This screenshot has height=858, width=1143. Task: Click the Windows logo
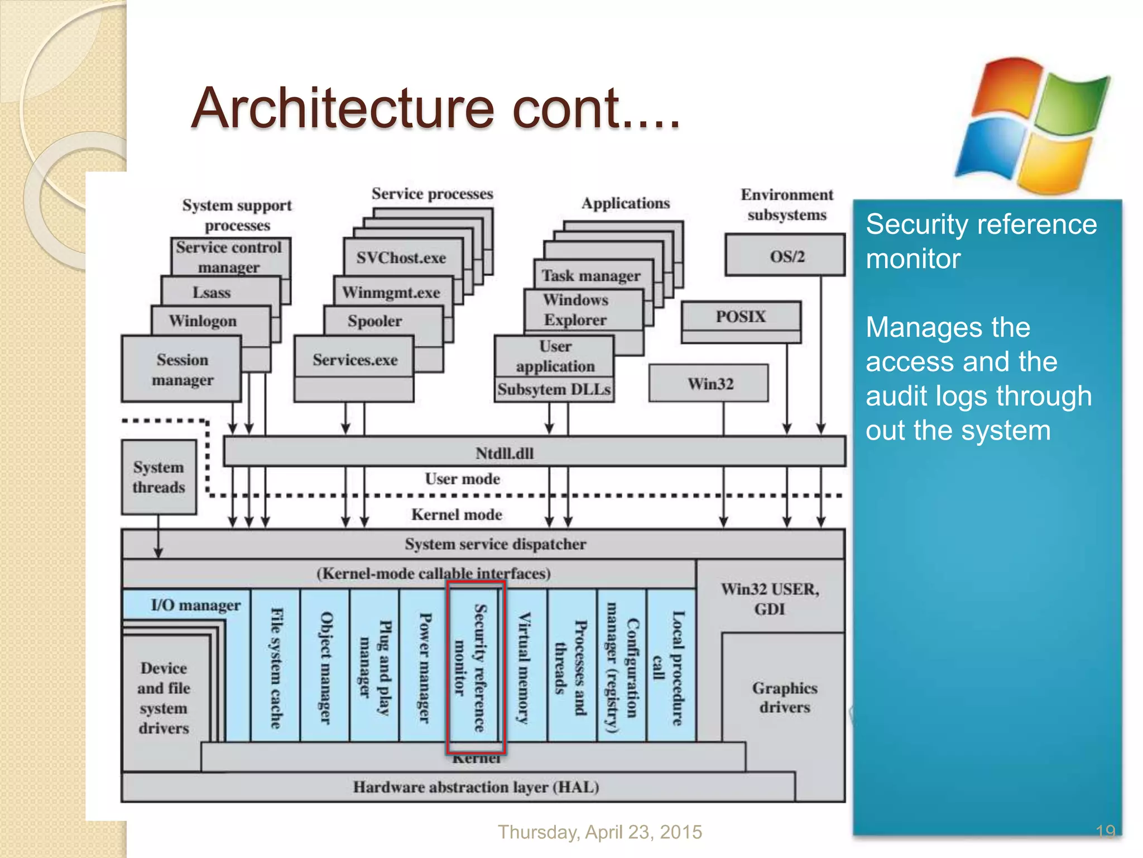pyautogui.click(x=1032, y=126)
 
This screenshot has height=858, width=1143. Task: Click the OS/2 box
pyautogui.click(x=785, y=255)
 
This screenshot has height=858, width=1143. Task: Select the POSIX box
pyautogui.click(x=741, y=317)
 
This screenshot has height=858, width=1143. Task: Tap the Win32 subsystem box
pyautogui.click(x=709, y=384)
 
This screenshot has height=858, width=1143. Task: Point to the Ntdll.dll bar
pyautogui.click(x=534, y=452)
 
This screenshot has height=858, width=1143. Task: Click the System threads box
pyautogui.click(x=159, y=476)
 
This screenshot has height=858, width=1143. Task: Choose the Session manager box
pyautogui.click(x=182, y=369)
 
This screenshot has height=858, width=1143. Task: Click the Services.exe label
pyautogui.click(x=355, y=360)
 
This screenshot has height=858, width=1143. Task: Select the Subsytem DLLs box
pyautogui.click(x=554, y=389)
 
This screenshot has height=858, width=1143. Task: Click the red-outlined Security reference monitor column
pyautogui.click(x=476, y=667)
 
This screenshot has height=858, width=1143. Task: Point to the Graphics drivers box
pyautogui.click(x=784, y=697)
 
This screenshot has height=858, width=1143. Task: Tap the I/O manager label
pyautogui.click(x=195, y=604)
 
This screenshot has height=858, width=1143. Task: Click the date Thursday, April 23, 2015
pyautogui.click(x=599, y=832)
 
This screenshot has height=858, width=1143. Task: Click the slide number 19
pyautogui.click(x=1105, y=831)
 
